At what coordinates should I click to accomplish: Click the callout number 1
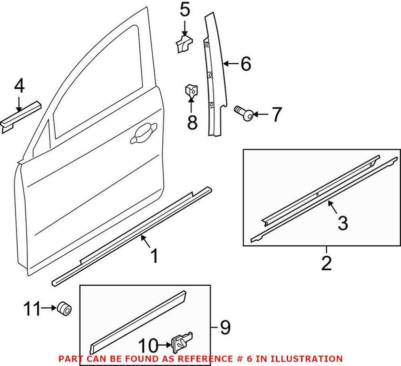[x=155, y=256]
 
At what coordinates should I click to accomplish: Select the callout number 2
[x=326, y=263]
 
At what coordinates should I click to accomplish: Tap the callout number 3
[x=342, y=223]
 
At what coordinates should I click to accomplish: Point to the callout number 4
[x=19, y=87]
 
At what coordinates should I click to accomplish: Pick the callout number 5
[x=185, y=9]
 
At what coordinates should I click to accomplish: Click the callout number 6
[x=246, y=64]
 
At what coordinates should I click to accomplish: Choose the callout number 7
[x=276, y=115]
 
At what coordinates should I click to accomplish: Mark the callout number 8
[x=192, y=122]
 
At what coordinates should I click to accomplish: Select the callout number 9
[x=225, y=328]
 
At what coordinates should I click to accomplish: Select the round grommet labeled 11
[x=64, y=308]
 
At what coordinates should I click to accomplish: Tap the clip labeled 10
[x=182, y=343]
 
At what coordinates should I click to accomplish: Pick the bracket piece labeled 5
[x=183, y=42]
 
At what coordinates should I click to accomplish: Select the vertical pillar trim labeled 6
[x=215, y=75]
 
